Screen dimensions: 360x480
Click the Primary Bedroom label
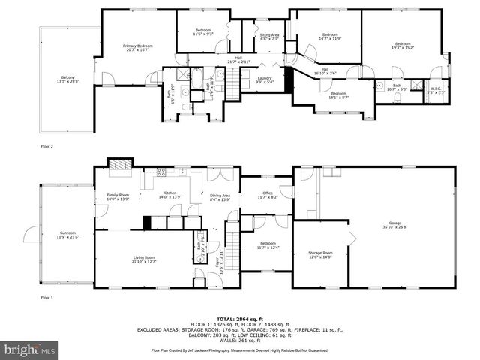point(137,48)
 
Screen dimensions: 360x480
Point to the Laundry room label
point(264,79)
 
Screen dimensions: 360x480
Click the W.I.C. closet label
point(437,89)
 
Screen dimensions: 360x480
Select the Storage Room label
point(320,255)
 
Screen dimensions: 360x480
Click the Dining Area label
point(220,198)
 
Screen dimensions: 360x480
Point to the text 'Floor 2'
point(46,147)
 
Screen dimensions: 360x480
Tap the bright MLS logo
point(28,350)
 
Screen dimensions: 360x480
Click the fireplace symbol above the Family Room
point(119,165)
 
